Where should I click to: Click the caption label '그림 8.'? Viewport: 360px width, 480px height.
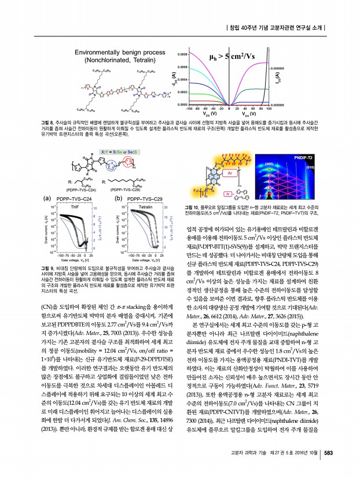point(47,123)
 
